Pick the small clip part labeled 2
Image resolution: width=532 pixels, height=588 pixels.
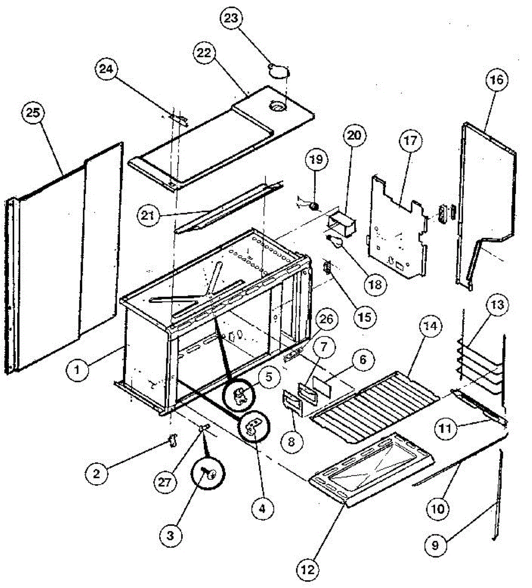point(172,440)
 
